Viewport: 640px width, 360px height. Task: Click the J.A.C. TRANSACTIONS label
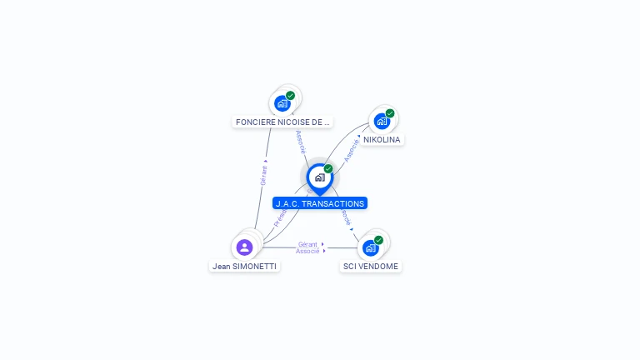tap(320, 203)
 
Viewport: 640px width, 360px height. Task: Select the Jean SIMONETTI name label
tap(244, 267)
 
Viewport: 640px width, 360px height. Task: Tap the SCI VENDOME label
tap(371, 267)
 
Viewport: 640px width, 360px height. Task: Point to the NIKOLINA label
tap(382, 140)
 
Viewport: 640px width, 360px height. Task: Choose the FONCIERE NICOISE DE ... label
tap(282, 122)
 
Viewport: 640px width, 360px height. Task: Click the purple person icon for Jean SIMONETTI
tap(244, 247)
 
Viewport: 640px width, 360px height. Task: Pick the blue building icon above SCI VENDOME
tap(370, 247)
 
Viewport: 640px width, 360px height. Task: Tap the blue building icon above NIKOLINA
tap(381, 121)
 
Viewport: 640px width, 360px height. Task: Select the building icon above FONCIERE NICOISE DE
tap(282, 103)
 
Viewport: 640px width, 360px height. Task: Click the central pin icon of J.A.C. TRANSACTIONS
tap(319, 177)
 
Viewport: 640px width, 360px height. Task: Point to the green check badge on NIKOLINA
tap(390, 113)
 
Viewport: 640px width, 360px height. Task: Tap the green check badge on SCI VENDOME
tap(378, 240)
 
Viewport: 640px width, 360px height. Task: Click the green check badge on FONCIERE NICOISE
tap(290, 95)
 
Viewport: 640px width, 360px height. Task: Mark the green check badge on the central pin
tap(328, 169)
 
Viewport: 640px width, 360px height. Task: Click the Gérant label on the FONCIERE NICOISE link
tap(263, 174)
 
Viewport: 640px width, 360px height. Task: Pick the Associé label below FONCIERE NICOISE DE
tap(301, 142)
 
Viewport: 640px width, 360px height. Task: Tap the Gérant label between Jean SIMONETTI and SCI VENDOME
tap(307, 244)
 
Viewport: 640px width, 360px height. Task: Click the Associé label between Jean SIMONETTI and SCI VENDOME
tap(307, 251)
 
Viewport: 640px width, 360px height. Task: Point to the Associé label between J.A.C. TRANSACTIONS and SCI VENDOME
tap(345, 218)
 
